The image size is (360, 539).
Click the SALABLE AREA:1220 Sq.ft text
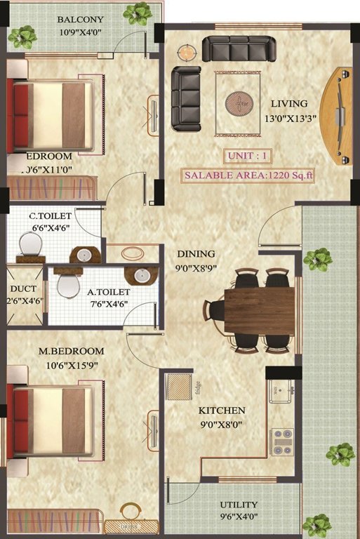[x=248, y=175]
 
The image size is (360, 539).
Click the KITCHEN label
[x=221, y=410]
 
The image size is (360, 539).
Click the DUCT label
[x=23, y=288]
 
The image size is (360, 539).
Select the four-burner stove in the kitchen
[x=282, y=441]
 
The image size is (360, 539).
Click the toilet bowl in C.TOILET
[x=30, y=244]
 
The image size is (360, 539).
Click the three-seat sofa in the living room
[x=238, y=49]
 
